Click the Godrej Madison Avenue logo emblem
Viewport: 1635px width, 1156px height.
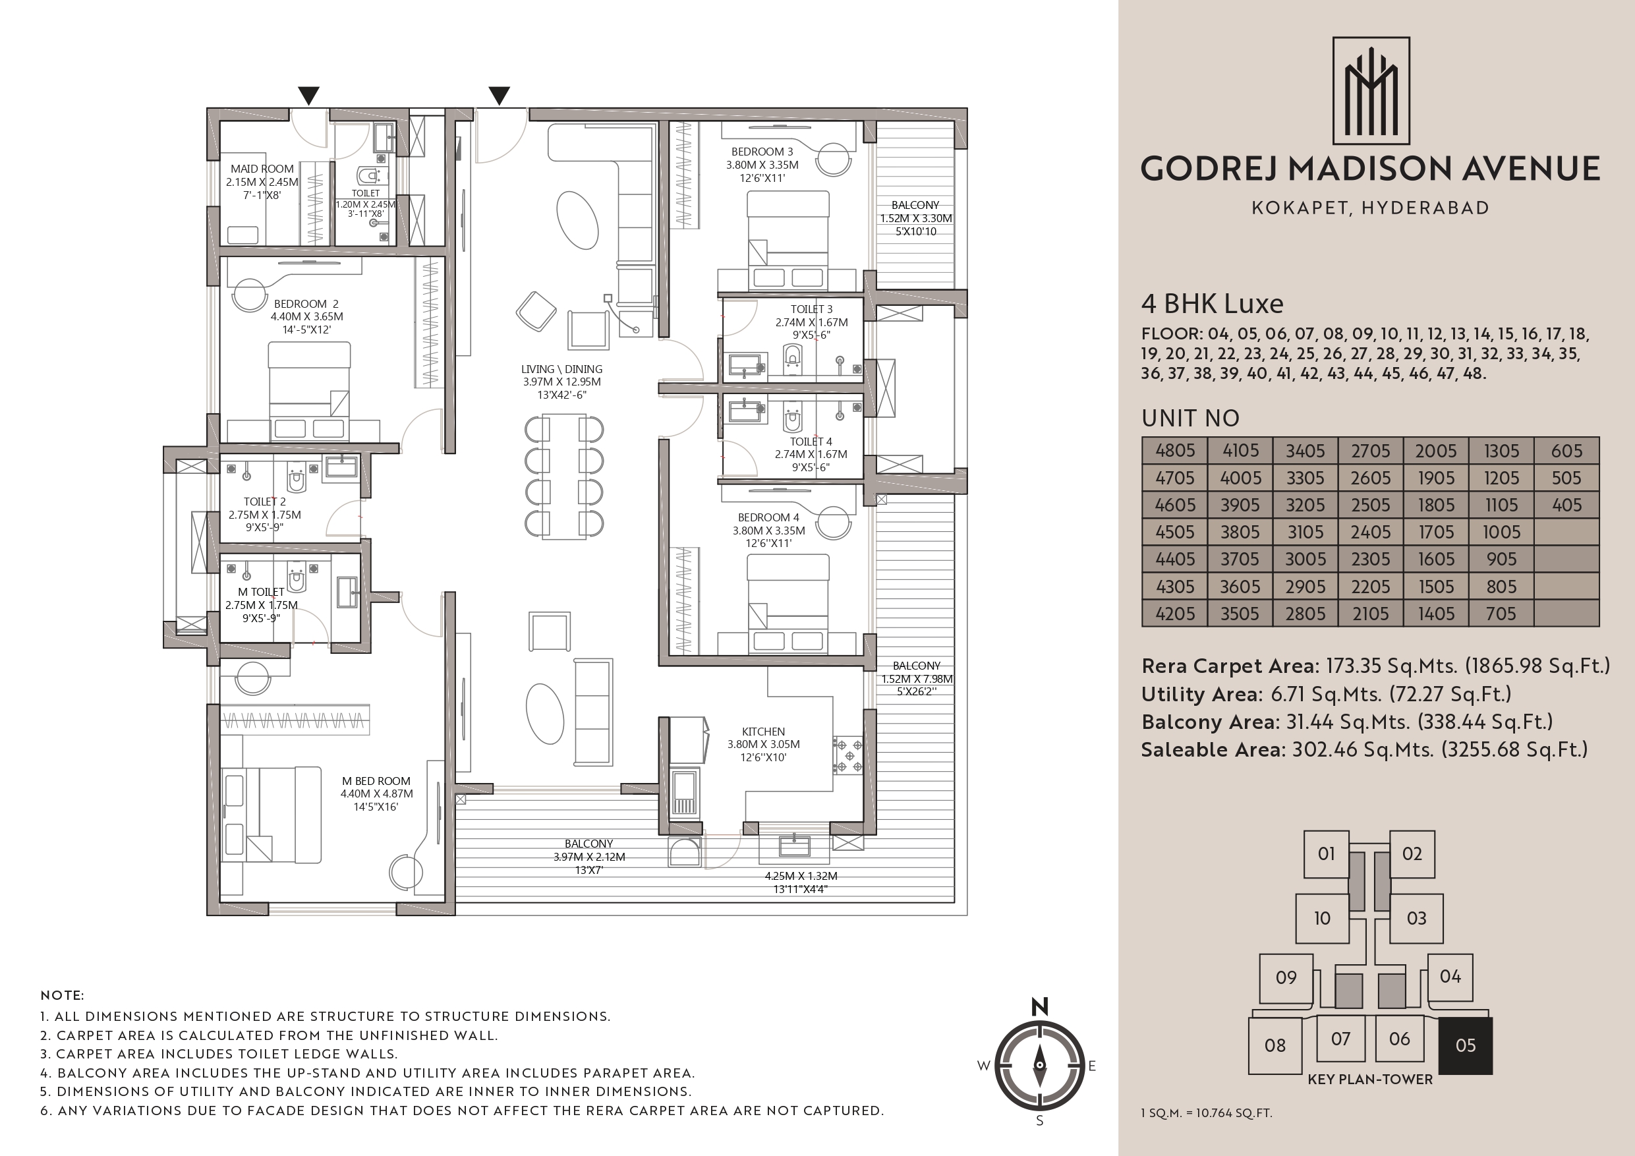pyautogui.click(x=1371, y=91)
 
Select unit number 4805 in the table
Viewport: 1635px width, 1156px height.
pyautogui.click(x=1175, y=451)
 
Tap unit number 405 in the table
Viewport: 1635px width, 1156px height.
pyautogui.click(x=1566, y=505)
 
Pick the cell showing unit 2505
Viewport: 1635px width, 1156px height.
pyautogui.click(x=1371, y=505)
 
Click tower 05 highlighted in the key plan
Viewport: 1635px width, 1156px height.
pyautogui.click(x=1466, y=1045)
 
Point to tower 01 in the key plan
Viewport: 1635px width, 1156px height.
pyautogui.click(x=1326, y=854)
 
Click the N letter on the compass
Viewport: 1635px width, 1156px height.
pyautogui.click(x=1040, y=1006)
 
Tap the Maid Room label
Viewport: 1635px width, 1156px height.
pyautogui.click(x=262, y=169)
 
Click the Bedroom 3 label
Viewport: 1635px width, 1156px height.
pyautogui.click(x=762, y=152)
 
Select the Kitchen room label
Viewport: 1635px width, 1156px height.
pyautogui.click(x=763, y=732)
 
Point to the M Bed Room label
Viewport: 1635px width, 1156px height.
pyautogui.click(x=376, y=780)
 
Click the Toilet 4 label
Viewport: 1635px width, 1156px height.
pyautogui.click(x=811, y=442)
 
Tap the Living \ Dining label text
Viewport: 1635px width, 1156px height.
pyautogui.click(x=562, y=369)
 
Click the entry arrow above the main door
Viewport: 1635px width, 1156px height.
pyautogui.click(x=499, y=96)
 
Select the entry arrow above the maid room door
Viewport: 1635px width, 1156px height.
pyautogui.click(x=308, y=96)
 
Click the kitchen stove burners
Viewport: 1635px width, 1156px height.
pyautogui.click(x=849, y=756)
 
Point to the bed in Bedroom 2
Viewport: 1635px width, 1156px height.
pyautogui.click(x=309, y=390)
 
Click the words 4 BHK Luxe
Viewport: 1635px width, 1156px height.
pyautogui.click(x=1212, y=304)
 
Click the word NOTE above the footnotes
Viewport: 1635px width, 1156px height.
pyautogui.click(x=62, y=996)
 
